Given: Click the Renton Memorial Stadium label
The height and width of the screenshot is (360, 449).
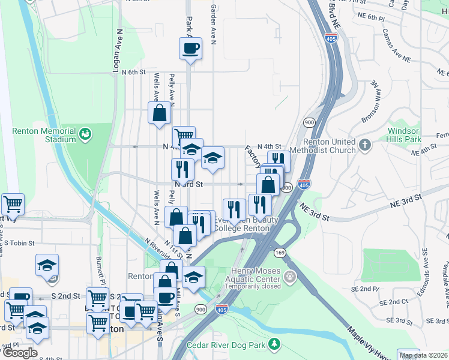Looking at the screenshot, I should (x=44, y=135).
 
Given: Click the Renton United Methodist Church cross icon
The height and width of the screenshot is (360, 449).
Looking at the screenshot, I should (x=365, y=144).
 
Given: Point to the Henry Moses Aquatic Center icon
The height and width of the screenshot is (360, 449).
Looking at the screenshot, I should (x=291, y=277).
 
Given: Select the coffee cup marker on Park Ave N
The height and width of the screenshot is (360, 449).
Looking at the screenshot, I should (x=190, y=49).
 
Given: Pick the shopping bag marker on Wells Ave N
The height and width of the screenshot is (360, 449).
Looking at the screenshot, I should (x=159, y=112).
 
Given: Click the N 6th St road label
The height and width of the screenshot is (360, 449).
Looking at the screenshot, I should (x=133, y=72).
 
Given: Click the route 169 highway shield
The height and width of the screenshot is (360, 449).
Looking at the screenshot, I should (x=280, y=253).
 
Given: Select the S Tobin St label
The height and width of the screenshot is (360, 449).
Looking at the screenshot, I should (x=21, y=244).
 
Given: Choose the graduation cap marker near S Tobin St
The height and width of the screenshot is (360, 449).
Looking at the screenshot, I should (x=47, y=265).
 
